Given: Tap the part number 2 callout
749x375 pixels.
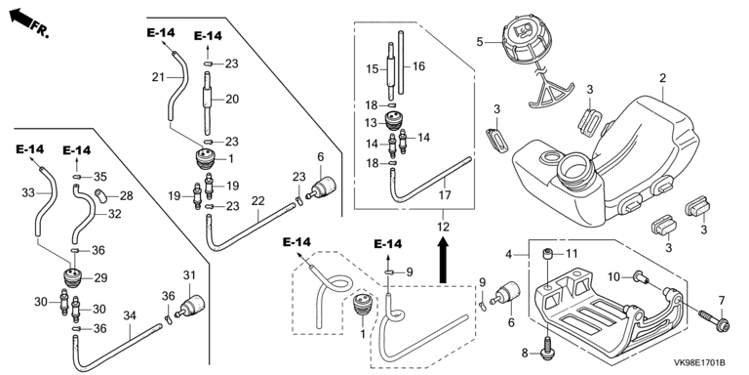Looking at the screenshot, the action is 662,78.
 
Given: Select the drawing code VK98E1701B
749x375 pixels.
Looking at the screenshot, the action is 699,363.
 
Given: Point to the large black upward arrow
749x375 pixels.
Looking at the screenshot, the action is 444,261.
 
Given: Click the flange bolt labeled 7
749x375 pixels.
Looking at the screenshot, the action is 713,320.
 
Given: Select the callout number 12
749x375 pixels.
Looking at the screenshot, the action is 444,227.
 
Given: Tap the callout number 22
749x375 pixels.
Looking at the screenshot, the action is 257,201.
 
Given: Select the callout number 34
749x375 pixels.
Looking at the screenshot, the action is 130,315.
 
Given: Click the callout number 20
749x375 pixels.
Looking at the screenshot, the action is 232,99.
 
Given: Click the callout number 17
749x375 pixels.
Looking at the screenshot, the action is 445,195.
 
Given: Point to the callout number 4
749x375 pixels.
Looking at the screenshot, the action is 509,255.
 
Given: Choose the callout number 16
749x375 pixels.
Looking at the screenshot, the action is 418,66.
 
